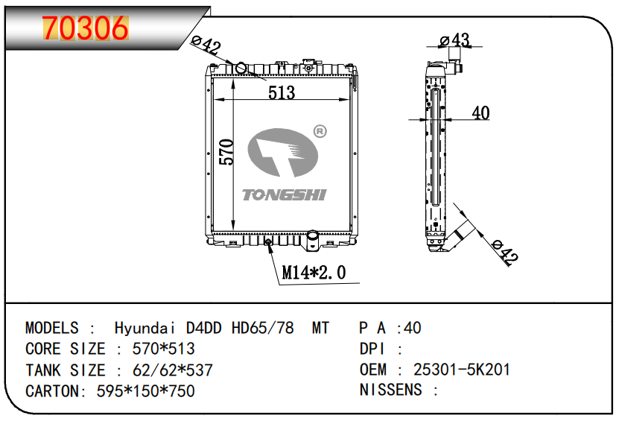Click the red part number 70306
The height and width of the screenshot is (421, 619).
(85, 28)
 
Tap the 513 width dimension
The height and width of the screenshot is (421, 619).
(282, 92)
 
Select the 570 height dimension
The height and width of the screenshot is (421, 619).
(226, 152)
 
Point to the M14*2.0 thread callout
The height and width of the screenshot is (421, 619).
(314, 272)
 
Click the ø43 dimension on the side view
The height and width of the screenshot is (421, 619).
(454, 40)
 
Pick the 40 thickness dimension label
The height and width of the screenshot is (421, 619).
(481, 113)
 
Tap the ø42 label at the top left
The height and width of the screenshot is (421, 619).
(206, 45)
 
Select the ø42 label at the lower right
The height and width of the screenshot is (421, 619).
(505, 251)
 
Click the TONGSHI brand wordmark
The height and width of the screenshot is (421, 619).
(285, 194)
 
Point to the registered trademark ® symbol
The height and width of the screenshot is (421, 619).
(320, 131)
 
